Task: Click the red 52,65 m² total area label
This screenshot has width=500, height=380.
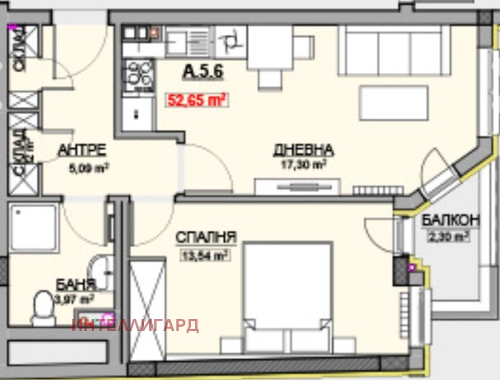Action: pyautogui.click(x=195, y=100)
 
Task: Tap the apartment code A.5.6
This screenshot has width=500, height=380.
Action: pyautogui.click(x=204, y=71)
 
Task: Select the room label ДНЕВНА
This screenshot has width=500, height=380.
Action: pyautogui.click(x=303, y=150)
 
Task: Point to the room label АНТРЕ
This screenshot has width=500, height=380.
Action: pyautogui.click(x=82, y=150)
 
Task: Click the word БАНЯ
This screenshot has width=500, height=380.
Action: pyautogui.click(x=76, y=284)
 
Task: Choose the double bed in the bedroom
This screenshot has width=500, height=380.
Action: pyautogui.click(x=288, y=297)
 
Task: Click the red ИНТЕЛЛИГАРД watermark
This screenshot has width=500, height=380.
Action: pyautogui.click(x=135, y=326)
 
